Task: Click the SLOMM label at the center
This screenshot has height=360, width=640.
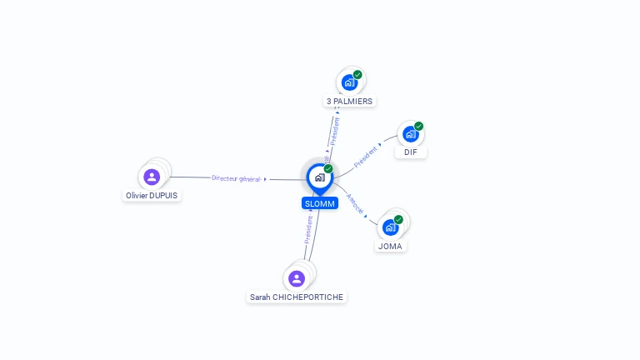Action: click(320, 203)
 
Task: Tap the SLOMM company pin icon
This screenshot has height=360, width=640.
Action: click(319, 177)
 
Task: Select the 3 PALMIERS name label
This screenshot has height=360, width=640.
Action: click(349, 101)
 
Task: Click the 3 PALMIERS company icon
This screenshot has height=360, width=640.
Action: click(349, 82)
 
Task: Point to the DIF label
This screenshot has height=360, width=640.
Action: click(410, 152)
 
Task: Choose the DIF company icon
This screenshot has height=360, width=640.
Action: click(410, 133)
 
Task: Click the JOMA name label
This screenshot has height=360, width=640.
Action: click(390, 246)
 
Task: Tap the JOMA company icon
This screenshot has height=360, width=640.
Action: click(390, 227)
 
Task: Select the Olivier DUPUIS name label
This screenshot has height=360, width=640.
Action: click(151, 195)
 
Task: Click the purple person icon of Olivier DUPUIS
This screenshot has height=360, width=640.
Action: click(151, 177)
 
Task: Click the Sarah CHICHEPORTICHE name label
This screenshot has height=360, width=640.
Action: click(297, 297)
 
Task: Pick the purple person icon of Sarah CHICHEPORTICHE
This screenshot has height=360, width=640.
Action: click(297, 278)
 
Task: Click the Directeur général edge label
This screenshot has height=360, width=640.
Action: click(237, 178)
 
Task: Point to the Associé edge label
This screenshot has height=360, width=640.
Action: click(355, 205)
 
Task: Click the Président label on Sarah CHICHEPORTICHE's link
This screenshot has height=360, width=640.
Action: click(307, 229)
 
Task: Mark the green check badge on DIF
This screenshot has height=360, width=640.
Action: click(418, 126)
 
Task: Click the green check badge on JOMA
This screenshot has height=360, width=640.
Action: click(398, 219)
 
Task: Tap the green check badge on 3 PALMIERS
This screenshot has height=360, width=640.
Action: click(357, 74)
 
